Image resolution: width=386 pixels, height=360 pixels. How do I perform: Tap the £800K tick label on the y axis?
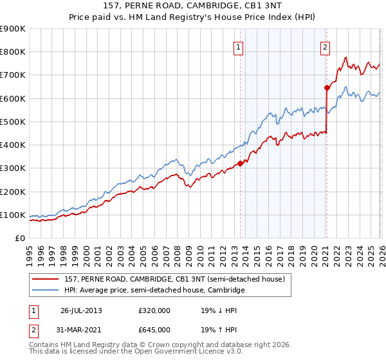(x=13, y=52)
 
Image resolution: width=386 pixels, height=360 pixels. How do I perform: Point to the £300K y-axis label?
(x=13, y=168)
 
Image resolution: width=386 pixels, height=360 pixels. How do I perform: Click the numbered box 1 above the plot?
(x=238, y=46)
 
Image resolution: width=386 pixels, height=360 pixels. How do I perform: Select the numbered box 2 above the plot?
(x=326, y=46)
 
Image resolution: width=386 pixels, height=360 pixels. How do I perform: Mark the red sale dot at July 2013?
(x=240, y=163)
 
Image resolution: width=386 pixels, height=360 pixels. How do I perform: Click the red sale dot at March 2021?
(x=327, y=87)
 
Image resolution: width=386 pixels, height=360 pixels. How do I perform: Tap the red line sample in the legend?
(x=46, y=279)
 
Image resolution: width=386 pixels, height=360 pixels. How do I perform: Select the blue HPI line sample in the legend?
(x=46, y=291)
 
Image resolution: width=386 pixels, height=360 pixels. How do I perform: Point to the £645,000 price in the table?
(x=154, y=329)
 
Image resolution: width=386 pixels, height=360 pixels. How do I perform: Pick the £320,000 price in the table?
(x=154, y=310)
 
